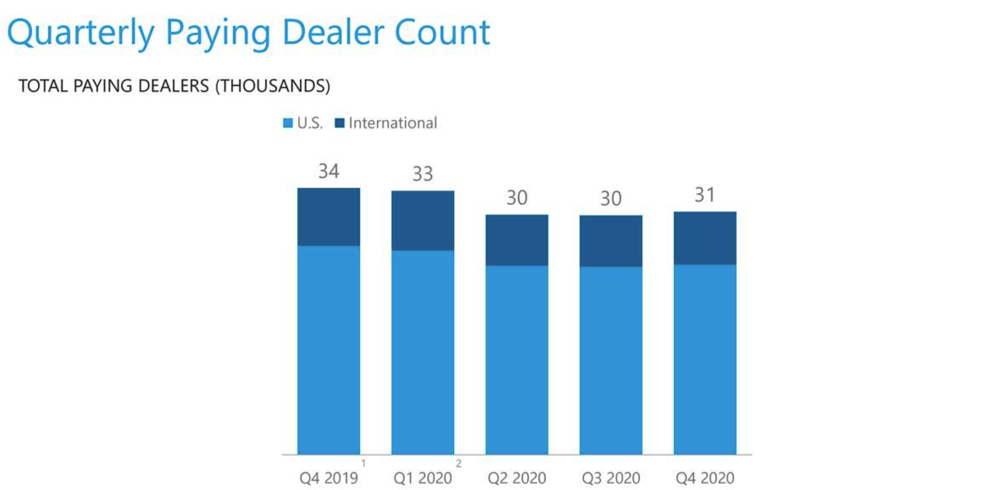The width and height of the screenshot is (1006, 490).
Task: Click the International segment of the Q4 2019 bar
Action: pos(328,216)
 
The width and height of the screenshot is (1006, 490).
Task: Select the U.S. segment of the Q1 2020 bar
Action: pos(423,352)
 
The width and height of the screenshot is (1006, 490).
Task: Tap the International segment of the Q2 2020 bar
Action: pos(516,240)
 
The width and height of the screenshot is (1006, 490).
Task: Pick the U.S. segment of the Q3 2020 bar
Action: pos(611,360)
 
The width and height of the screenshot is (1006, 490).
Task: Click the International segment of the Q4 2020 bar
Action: pos(704,238)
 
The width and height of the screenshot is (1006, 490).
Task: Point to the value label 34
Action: pos(328,171)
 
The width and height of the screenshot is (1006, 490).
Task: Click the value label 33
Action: pos(423,173)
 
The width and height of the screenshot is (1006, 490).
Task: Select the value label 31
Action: pos(704,195)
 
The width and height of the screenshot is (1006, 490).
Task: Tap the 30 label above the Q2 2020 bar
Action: pos(516,198)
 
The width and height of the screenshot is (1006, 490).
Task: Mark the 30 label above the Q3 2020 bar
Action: pos(611,198)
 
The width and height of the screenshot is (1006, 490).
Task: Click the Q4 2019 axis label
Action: pos(328,478)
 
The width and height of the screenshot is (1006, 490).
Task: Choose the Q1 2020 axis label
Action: pos(423,478)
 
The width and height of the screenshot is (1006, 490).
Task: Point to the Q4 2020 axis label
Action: pos(704,478)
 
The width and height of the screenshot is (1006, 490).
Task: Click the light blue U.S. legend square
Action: pos(288,123)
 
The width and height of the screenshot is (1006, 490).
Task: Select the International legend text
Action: pos(392,123)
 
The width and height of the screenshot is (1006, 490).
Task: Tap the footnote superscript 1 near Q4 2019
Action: pos(363,463)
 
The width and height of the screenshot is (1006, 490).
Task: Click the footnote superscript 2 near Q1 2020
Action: pos(459,463)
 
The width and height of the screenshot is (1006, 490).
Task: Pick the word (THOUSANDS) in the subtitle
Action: pos(272,86)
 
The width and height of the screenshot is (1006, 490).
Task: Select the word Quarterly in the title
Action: pos(80,33)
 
